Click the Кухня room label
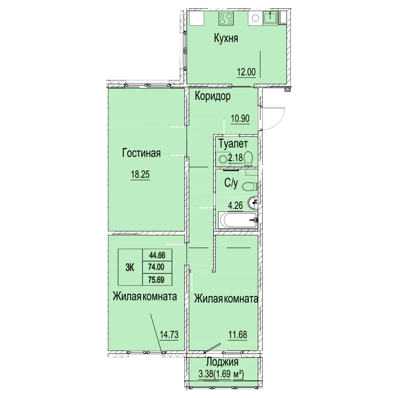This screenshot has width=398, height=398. [226, 38]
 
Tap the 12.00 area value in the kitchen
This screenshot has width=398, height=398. [246, 72]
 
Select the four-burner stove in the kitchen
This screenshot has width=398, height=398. [226, 19]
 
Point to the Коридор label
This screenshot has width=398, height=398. [213, 96]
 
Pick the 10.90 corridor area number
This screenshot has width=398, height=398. [240, 119]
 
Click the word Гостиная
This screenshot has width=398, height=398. [141, 153]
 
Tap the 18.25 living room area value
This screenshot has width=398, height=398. [140, 174]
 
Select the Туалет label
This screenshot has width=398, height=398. [233, 144]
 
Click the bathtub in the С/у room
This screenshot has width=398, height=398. [238, 220]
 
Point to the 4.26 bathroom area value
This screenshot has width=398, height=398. [236, 205]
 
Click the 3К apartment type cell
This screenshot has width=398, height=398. [130, 267]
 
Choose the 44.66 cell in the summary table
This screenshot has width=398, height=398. [157, 255]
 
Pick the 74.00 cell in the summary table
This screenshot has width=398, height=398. [156, 267]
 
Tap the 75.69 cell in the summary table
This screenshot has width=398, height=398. [156, 280]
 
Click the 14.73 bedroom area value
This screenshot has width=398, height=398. [169, 335]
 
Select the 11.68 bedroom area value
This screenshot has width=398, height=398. [238, 335]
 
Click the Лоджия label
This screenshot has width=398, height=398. [222, 362]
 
